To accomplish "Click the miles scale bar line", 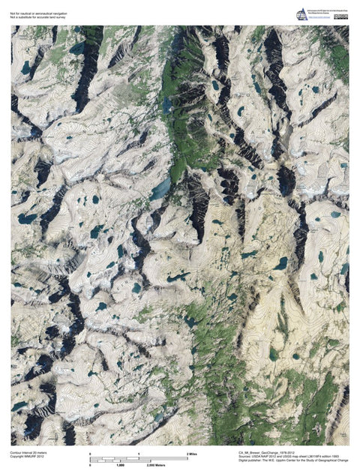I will tap(139, 459).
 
